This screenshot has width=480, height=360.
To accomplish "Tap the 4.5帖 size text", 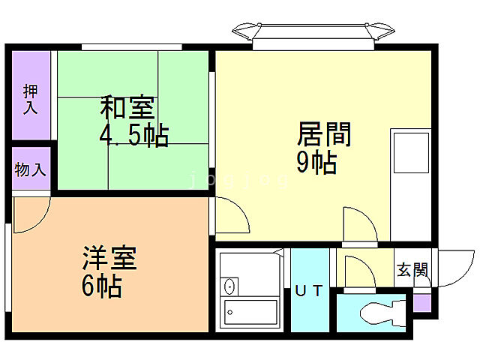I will point(133,136).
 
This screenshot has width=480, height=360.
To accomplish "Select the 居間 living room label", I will point(324,135).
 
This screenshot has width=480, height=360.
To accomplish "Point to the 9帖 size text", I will point(316,162).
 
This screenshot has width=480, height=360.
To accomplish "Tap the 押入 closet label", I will point(31,99).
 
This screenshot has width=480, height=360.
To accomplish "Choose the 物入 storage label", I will point(30,169).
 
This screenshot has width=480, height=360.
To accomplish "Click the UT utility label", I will point(309,290).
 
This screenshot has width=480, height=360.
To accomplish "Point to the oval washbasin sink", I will point(230,286).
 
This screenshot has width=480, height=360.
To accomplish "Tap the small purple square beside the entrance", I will point(421,304).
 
